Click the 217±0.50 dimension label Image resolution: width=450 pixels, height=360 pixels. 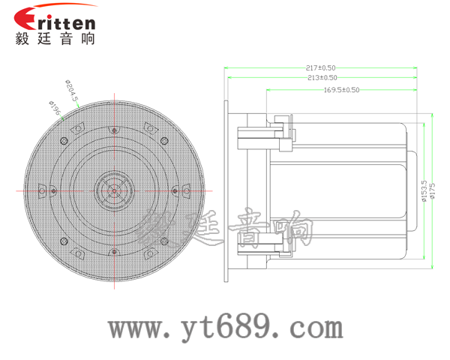click(320, 68)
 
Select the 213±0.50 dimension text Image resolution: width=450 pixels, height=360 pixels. click(322, 77)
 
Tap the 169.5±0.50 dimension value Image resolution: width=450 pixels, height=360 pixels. click(341, 90)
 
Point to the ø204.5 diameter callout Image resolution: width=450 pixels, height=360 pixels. click(72, 91)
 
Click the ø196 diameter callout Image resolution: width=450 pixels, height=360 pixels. click(55, 108)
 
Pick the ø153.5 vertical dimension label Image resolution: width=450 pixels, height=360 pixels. click(424, 191)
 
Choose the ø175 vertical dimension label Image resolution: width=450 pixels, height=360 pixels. click(433, 191)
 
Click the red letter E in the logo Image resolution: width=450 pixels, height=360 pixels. click(25, 18)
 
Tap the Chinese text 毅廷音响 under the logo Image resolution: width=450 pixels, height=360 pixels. click(55, 38)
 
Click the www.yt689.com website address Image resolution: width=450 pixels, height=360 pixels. click(226, 327)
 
